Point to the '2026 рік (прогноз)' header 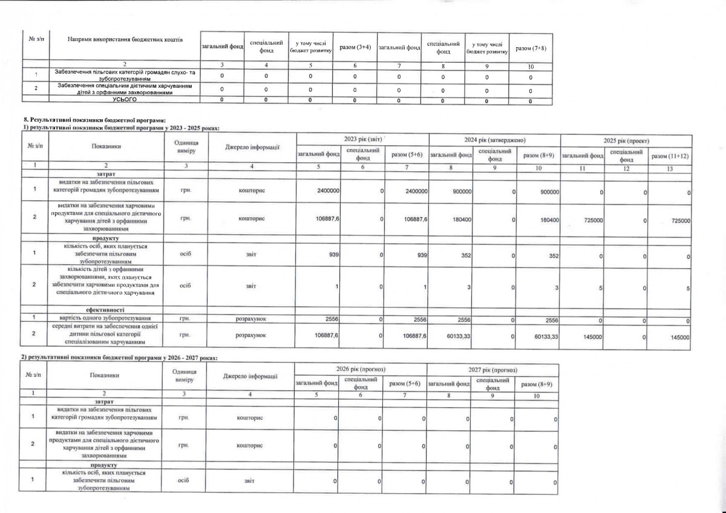click(360, 369)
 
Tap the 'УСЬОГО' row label click(126, 100)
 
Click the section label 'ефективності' click(106, 309)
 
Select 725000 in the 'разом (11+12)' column click(679, 221)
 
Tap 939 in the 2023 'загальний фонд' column click(332, 255)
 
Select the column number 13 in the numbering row click(669, 165)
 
